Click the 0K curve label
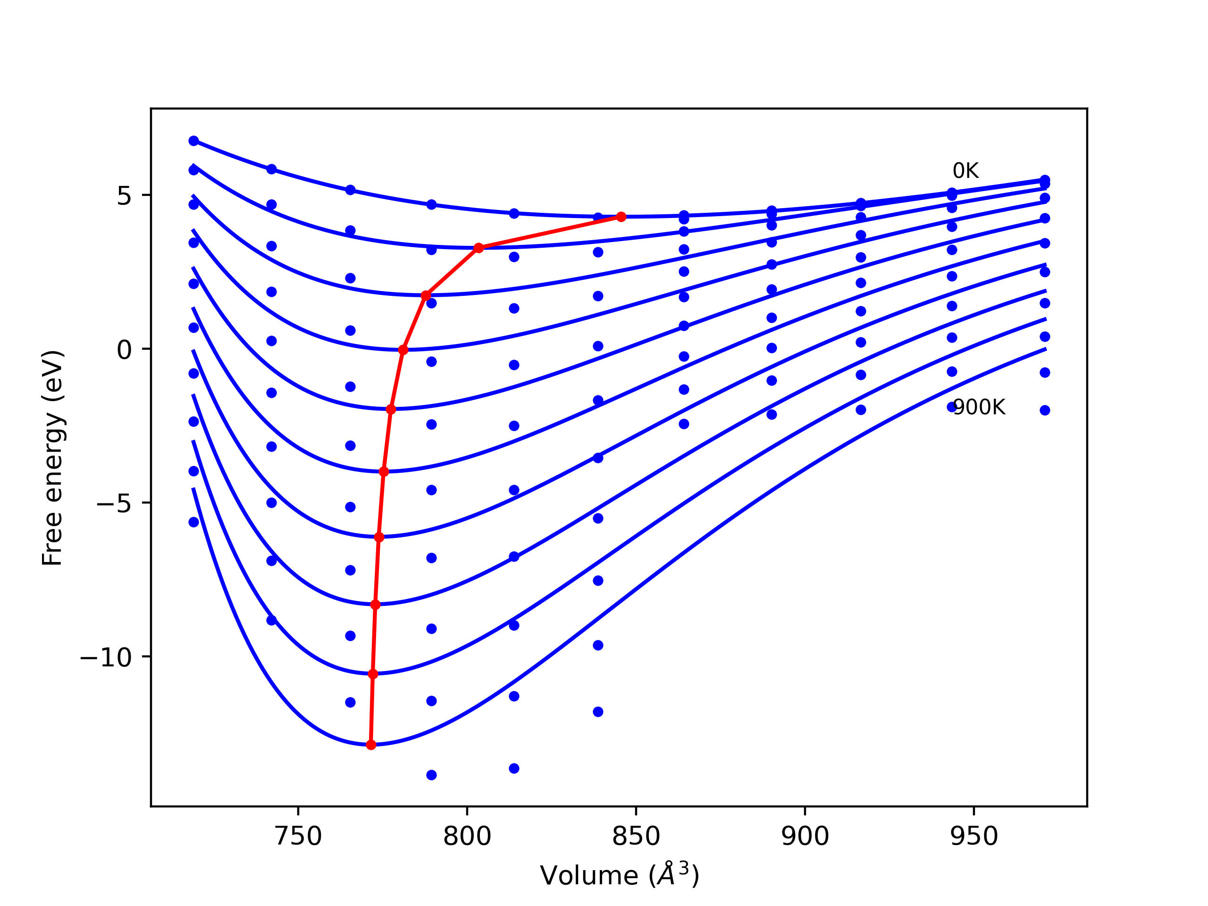click(x=965, y=171)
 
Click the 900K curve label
click(x=979, y=407)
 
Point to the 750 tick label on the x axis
click(x=298, y=836)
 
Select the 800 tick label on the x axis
click(x=467, y=836)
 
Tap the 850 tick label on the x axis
click(x=636, y=836)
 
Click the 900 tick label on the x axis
click(x=805, y=836)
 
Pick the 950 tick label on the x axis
click(x=974, y=836)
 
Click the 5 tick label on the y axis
click(x=124, y=196)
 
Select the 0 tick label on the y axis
click(x=124, y=350)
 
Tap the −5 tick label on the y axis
click(x=115, y=503)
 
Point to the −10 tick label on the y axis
click(x=107, y=657)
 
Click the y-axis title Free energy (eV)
click(x=53, y=458)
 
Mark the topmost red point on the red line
click(x=621, y=217)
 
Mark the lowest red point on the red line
click(x=371, y=745)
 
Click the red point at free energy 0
click(x=403, y=350)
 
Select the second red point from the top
click(x=479, y=248)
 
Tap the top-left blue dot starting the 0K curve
click(x=194, y=141)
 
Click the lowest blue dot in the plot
click(x=431, y=775)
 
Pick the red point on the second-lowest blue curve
click(x=373, y=674)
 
